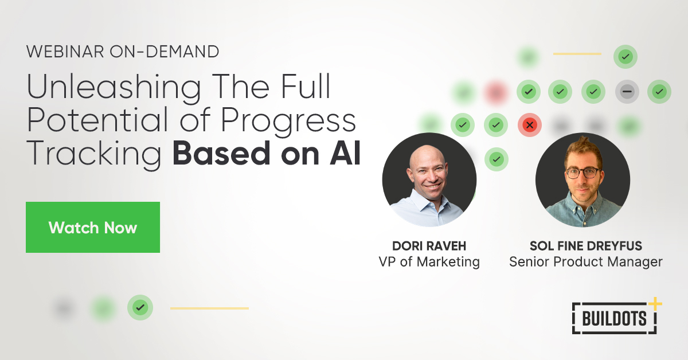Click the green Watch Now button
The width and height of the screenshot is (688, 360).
(93, 228)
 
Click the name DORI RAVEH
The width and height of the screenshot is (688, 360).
(429, 246)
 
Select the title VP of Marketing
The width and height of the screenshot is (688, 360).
(429, 262)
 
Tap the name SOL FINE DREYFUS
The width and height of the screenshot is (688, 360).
(585, 246)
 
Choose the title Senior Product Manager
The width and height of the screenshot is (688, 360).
(585, 262)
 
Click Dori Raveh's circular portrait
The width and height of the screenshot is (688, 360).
(429, 180)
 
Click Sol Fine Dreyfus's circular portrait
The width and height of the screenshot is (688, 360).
(583, 180)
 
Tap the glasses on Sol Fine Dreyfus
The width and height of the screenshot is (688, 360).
(582, 172)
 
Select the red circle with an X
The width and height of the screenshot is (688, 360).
(530, 124)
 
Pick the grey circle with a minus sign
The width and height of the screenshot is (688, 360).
(627, 91)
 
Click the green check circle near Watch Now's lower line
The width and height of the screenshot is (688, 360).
(140, 308)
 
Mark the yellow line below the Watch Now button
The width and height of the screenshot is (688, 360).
(209, 308)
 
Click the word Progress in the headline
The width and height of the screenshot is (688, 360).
(290, 122)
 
